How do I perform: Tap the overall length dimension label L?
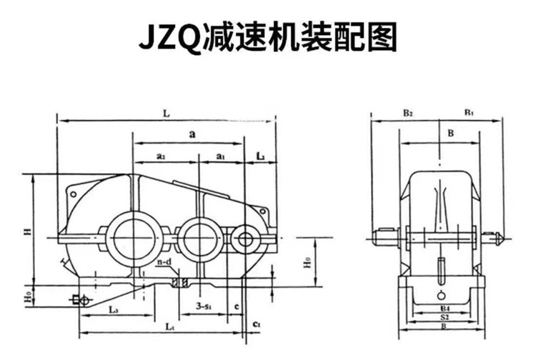coord(167,113)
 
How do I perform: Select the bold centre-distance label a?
coord(193,134)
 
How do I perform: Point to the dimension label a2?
coord(162,155)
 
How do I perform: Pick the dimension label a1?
coord(221,155)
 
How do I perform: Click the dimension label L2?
coord(261,155)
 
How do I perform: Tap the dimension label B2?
coord(407,113)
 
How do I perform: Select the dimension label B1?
coord(469,113)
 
